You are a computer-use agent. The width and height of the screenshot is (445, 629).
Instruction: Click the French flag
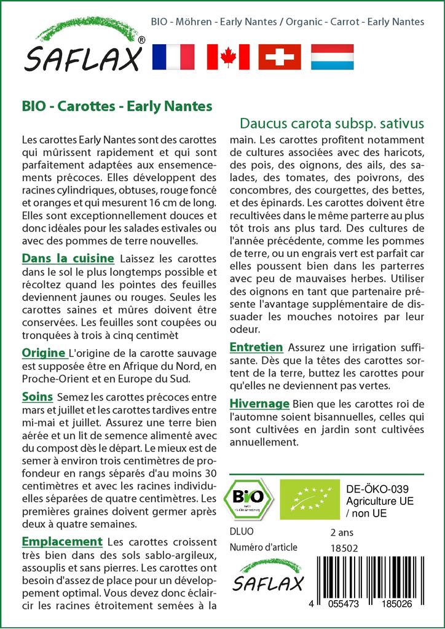[173, 57]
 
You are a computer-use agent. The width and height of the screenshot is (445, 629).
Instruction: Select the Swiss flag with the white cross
[280, 57]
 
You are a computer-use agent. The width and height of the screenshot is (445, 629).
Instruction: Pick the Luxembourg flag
[333, 57]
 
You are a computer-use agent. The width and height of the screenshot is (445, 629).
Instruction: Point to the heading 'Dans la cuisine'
[68, 258]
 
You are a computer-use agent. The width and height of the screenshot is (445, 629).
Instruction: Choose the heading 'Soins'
[37, 396]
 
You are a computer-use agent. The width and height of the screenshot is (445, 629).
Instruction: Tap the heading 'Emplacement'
[61, 541]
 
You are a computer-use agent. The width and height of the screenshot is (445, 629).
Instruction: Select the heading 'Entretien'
[256, 347]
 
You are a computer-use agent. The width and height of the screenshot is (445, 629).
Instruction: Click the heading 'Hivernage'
[259, 404]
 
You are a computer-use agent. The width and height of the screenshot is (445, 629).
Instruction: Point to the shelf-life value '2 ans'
[342, 532]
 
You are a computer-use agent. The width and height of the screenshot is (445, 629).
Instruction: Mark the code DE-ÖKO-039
[373, 489]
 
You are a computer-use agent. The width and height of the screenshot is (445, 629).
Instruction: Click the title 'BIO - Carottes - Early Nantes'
[117, 106]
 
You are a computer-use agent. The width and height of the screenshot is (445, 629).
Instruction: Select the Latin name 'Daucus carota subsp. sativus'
[331, 122]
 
